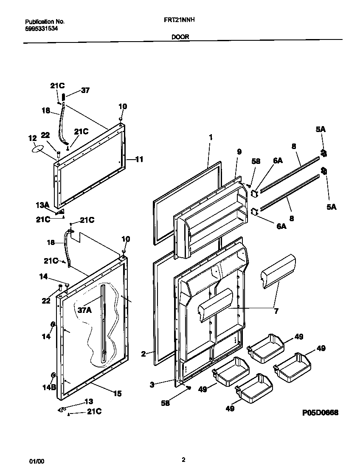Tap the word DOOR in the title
click(180, 37)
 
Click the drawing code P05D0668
click(320, 412)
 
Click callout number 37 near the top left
click(85, 90)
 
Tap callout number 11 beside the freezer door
click(139, 160)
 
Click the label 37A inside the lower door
click(85, 310)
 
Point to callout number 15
click(117, 394)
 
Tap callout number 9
click(239, 151)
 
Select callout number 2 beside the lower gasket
click(143, 353)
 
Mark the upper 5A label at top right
click(321, 129)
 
